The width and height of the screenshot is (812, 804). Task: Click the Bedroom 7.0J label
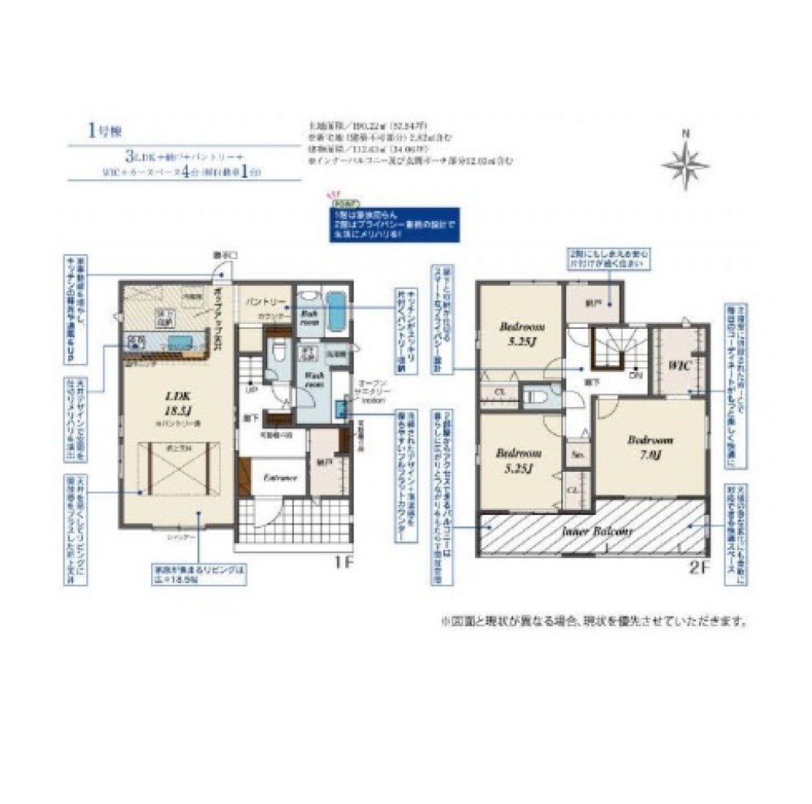pos(650,447)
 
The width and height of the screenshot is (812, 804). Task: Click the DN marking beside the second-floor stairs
pos(636,376)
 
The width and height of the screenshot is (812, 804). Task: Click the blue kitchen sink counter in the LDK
pos(171,340)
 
